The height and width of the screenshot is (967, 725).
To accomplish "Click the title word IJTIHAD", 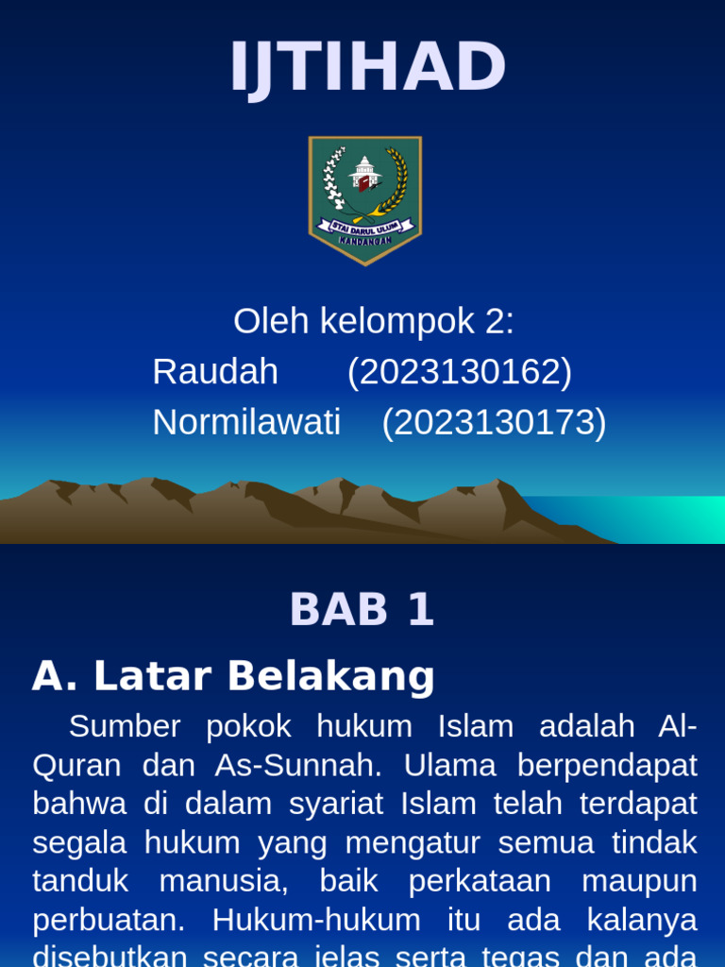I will tap(368, 68).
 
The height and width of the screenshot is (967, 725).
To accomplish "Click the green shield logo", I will tap(364, 199).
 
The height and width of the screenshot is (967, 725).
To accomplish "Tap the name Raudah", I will tap(215, 372).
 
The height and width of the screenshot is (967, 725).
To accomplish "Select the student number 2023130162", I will tap(460, 372).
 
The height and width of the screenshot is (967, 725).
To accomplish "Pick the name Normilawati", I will tap(246, 422).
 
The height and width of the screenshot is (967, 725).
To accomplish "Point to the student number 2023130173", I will tap(494, 422).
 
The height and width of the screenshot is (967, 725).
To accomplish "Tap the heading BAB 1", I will tap(362, 609).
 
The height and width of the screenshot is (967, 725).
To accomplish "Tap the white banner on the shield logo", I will tap(364, 228).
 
